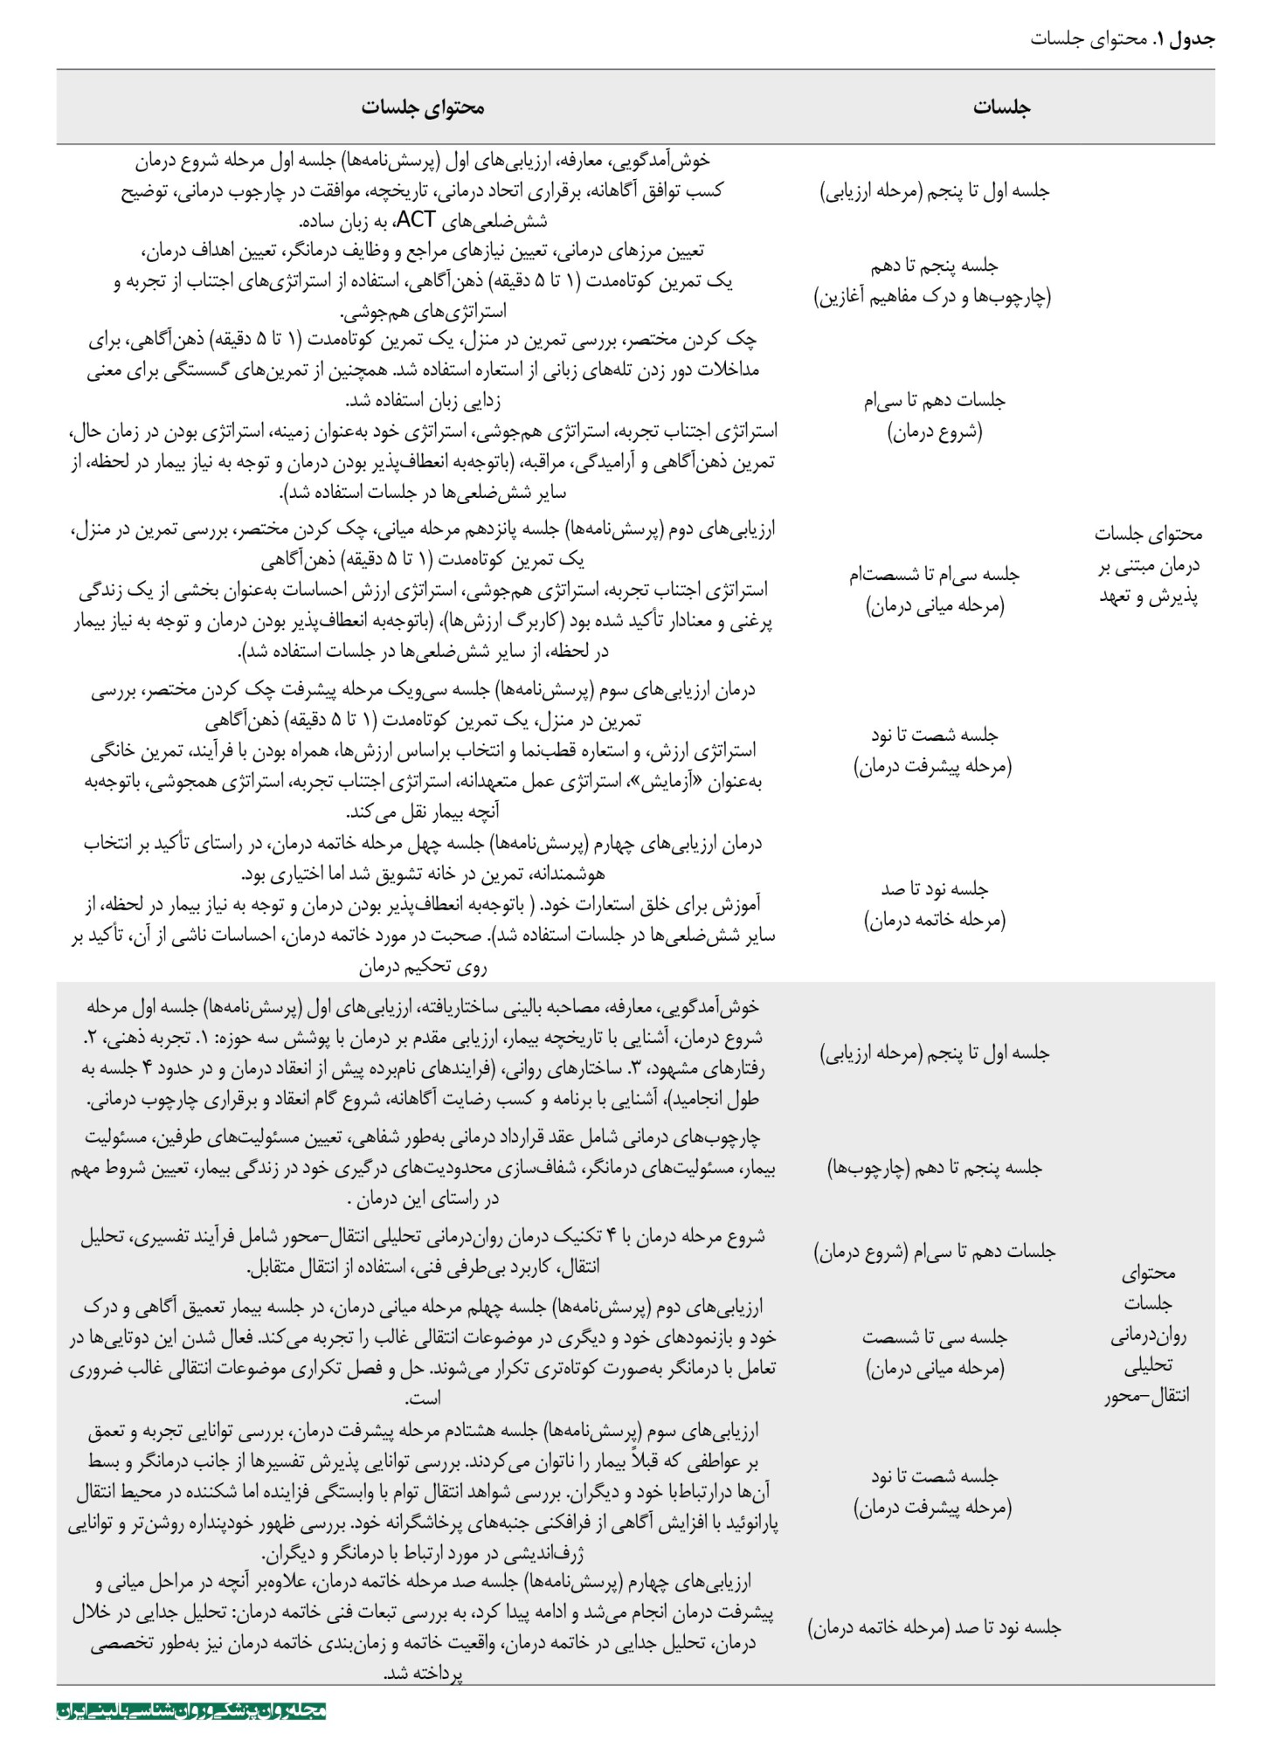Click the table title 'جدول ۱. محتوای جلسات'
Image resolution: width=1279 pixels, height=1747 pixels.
click(1122, 38)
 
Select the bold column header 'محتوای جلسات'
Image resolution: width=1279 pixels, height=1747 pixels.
click(423, 107)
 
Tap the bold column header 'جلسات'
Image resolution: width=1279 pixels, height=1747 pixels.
click(1001, 107)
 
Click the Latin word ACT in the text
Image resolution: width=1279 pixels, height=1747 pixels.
click(415, 219)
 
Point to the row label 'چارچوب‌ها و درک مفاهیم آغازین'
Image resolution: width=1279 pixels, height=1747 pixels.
click(933, 297)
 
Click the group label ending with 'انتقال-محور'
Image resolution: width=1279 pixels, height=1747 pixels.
click(1147, 1334)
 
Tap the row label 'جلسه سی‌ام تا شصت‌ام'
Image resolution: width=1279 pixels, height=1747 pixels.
click(934, 575)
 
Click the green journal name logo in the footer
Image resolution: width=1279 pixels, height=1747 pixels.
click(191, 1710)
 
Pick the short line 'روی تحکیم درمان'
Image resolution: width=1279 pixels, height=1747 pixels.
click(423, 966)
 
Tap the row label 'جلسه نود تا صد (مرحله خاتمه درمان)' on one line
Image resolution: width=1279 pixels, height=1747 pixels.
click(934, 1626)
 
